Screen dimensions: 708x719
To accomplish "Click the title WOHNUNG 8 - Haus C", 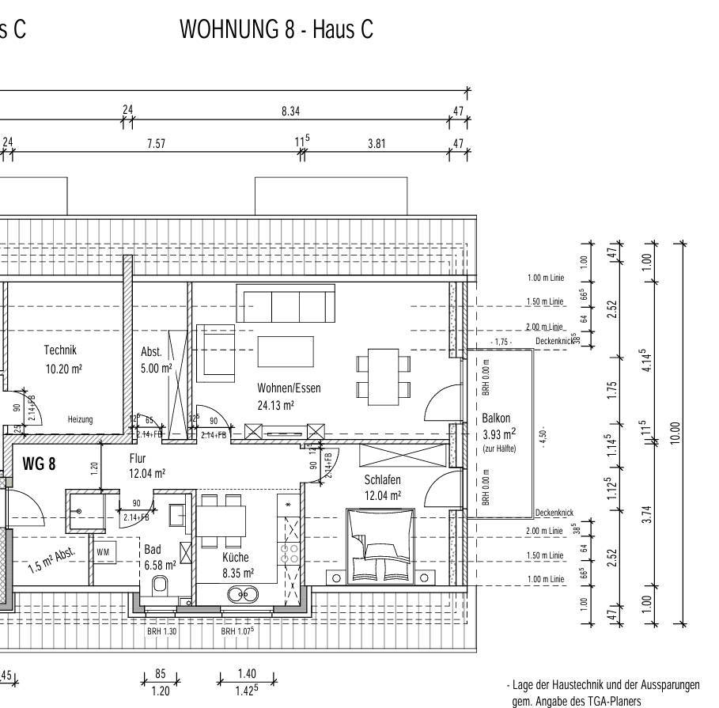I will point(276,30).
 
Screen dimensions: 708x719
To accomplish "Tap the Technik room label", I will point(60,350).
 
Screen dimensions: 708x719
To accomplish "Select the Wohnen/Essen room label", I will point(289,388).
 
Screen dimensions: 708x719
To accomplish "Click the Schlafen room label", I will point(382,480).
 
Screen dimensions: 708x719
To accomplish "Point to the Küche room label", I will point(235,558).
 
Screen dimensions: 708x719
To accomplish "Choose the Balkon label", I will point(496,418).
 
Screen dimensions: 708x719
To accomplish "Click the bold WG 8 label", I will point(39,464).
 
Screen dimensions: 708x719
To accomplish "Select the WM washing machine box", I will point(103,551).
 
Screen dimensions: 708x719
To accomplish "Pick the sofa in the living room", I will point(282,305).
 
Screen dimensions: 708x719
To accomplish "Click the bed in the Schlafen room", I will point(380,545).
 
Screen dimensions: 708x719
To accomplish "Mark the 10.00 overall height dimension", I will point(674,433).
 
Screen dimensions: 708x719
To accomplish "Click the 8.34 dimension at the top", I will point(290,112).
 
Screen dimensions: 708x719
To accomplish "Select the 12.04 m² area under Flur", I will point(148,474).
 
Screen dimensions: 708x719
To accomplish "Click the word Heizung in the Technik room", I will point(80,419).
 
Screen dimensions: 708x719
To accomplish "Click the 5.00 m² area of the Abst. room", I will point(156,368).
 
